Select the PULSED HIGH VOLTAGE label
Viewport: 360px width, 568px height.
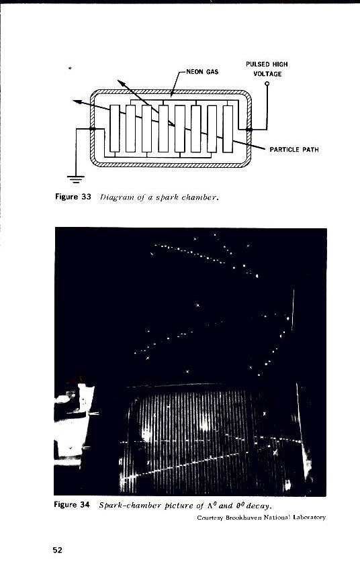coord(267,68)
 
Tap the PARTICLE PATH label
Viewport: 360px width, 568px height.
coord(294,150)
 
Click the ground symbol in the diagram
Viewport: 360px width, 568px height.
coord(75,178)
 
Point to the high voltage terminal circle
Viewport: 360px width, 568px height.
coord(267,84)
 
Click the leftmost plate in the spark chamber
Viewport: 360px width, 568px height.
coord(114,128)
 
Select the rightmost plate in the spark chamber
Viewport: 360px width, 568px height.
coord(228,128)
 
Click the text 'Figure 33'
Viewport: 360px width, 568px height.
coord(72,197)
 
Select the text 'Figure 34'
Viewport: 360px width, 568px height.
coord(72,504)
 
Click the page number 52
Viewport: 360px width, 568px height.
coord(58,550)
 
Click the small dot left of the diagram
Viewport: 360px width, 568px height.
coord(71,68)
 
